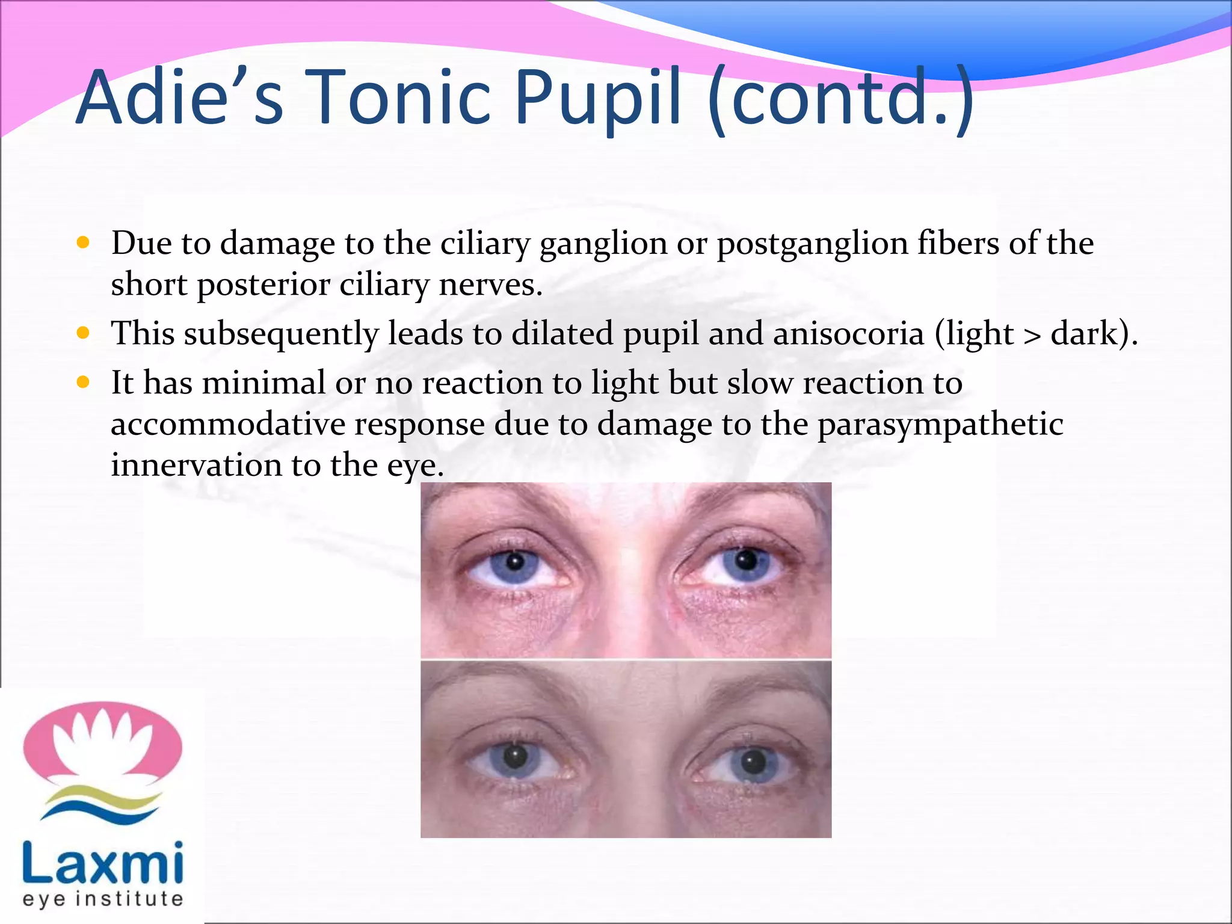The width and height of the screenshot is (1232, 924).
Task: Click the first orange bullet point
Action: click(84, 242)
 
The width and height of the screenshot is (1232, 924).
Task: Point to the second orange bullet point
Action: click(84, 333)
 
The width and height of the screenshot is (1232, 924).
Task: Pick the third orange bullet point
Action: click(84, 382)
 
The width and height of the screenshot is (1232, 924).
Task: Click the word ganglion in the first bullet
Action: click(603, 244)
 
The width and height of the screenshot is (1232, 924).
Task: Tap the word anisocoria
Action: click(848, 333)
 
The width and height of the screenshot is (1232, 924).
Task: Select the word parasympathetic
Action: click(940, 425)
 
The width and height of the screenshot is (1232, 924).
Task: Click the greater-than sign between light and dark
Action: click(1032, 336)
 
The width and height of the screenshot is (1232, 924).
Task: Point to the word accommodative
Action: click(228, 423)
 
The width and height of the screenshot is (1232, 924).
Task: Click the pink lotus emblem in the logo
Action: click(103, 744)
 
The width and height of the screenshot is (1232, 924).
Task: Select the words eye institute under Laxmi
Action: click(103, 899)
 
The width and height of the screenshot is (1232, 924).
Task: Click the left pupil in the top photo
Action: click(515, 562)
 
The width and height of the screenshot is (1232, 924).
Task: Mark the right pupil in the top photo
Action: click(747, 561)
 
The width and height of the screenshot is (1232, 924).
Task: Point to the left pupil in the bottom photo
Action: click(515, 756)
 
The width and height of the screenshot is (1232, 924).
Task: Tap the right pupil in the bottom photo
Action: click(752, 763)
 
